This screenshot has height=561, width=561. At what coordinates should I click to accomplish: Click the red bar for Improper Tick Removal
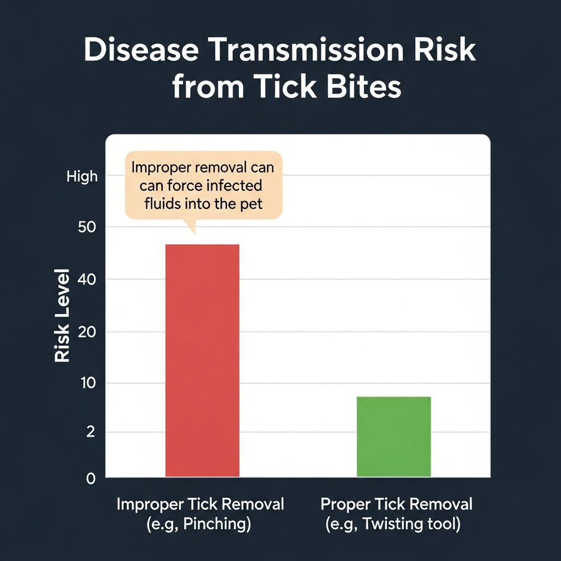coord(202,360)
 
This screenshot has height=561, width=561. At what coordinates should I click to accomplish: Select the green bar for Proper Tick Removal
coord(393,437)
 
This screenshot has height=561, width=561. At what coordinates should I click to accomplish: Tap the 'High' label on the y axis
coord(82,177)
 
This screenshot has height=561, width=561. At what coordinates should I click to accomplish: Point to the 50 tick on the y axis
coord(87,227)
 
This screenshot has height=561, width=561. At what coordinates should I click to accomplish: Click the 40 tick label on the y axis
coord(87,279)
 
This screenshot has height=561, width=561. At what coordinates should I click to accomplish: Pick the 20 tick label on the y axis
coord(87,333)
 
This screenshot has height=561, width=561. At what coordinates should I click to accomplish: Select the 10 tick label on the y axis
coord(88,383)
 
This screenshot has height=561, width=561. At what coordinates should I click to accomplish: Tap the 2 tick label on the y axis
coord(90,432)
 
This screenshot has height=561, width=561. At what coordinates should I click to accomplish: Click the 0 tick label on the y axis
coord(91,479)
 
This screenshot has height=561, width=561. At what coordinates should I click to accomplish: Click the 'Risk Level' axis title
coord(62,315)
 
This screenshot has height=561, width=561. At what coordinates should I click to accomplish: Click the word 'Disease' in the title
coord(141,50)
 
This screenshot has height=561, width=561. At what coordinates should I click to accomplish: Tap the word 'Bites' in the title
coord(364,87)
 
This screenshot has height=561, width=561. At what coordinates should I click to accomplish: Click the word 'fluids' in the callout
coord(163,204)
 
